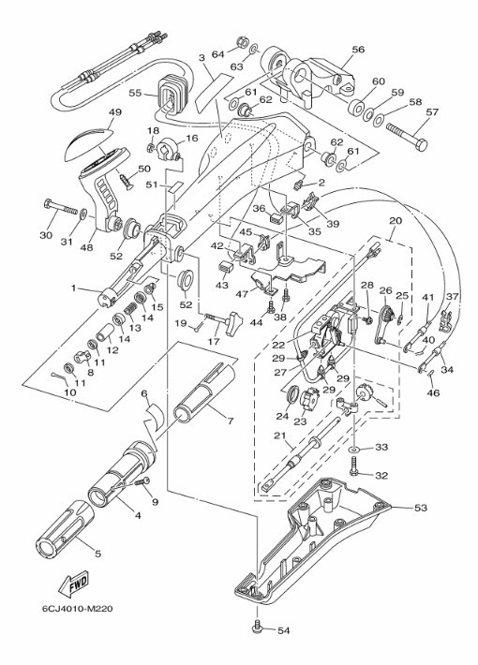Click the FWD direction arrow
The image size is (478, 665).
tap(73, 582)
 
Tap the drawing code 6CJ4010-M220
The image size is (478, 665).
tap(77, 609)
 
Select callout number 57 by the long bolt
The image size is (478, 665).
tap(432, 112)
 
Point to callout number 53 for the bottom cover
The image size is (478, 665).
tap(420, 508)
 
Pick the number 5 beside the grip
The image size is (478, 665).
tap(98, 554)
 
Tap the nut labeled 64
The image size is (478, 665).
tap(241, 43)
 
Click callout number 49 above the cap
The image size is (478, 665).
tap(115, 112)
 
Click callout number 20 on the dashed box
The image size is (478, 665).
tap(396, 221)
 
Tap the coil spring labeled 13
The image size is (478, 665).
tap(130, 313)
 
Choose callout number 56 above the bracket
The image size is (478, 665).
tap(358, 50)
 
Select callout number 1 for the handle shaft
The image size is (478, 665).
tap(73, 288)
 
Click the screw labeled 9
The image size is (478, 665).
tap(142, 483)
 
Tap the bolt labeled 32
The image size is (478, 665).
tap(354, 472)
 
